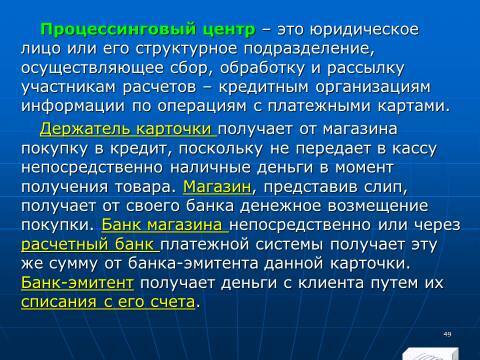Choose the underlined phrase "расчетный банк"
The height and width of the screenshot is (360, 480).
click(88, 243)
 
